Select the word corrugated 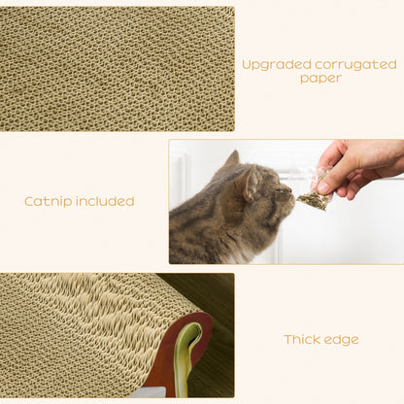pos(355,64)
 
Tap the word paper pos(320,79)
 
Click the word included pos(105,202)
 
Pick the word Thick pos(302,340)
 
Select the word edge pos(343,340)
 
